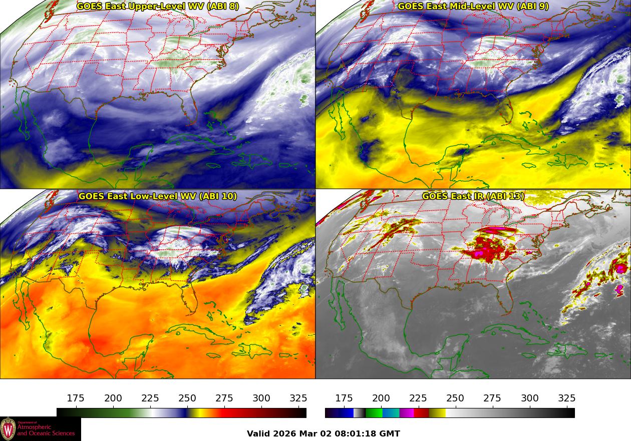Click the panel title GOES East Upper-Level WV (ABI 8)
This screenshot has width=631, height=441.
(x=158, y=7)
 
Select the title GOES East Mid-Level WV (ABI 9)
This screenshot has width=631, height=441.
(x=473, y=7)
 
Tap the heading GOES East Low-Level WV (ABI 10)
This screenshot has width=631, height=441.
(x=158, y=196)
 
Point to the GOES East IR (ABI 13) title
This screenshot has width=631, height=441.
(x=473, y=196)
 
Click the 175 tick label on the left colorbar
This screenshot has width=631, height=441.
(x=76, y=398)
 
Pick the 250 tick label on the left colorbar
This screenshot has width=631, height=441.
(x=187, y=398)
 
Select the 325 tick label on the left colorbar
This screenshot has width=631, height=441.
(x=298, y=398)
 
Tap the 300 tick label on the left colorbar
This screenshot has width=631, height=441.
(x=261, y=398)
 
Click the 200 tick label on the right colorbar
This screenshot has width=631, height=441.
(x=381, y=398)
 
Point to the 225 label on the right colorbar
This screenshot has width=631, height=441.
(x=418, y=398)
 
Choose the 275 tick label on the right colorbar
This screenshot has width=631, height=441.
(x=492, y=398)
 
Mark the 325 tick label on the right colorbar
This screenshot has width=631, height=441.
(x=567, y=398)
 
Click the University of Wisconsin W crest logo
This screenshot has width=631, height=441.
(x=8, y=429)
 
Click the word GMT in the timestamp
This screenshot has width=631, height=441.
(x=391, y=434)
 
